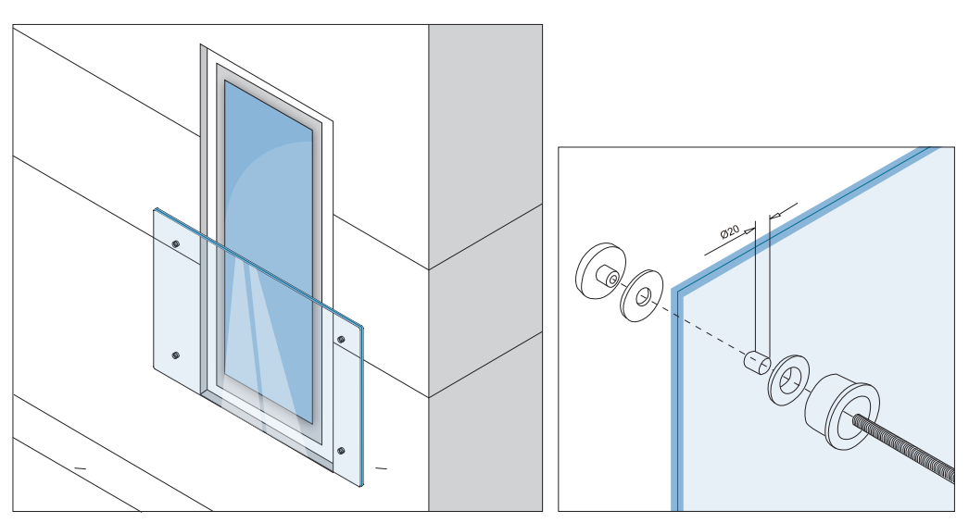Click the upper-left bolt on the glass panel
(176, 243)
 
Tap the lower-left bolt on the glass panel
(176, 355)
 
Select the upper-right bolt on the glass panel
(341, 340)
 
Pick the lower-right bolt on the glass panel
(342, 452)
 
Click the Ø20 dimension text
(729, 231)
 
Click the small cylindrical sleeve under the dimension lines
(756, 362)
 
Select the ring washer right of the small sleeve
(787, 380)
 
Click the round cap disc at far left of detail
(597, 269)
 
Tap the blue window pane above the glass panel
(269, 185)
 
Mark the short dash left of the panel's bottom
(80, 468)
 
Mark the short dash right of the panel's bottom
(381, 468)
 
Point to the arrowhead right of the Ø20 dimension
(776, 214)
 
